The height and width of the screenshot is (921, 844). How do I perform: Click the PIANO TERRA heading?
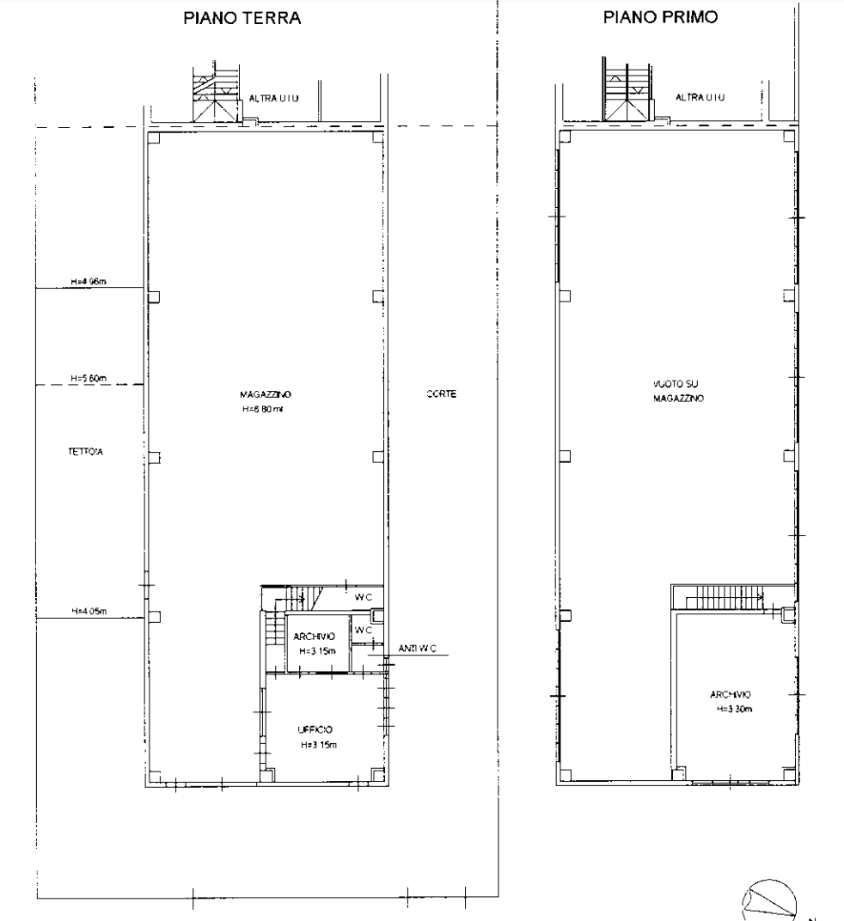tap(243, 18)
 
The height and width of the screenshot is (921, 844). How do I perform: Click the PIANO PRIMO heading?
tap(660, 17)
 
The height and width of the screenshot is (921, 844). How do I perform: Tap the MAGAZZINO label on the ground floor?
tap(266, 394)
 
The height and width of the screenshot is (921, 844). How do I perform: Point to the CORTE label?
tap(440, 394)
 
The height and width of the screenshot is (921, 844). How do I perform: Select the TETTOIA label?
tap(85, 451)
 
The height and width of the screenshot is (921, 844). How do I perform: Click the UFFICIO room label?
tap(315, 729)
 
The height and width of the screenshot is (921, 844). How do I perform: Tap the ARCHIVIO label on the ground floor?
tap(314, 637)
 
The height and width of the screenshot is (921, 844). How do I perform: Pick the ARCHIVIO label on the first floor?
tap(732, 695)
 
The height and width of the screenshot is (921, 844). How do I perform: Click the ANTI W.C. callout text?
tap(418, 649)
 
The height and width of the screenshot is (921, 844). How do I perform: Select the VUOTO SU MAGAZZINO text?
tap(678, 392)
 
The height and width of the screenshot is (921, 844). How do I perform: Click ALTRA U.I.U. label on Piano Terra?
tap(274, 99)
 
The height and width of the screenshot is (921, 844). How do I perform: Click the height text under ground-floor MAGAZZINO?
tap(262, 410)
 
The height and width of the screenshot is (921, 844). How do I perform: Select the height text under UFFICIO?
tap(318, 744)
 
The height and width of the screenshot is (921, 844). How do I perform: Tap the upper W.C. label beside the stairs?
tap(364, 596)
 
